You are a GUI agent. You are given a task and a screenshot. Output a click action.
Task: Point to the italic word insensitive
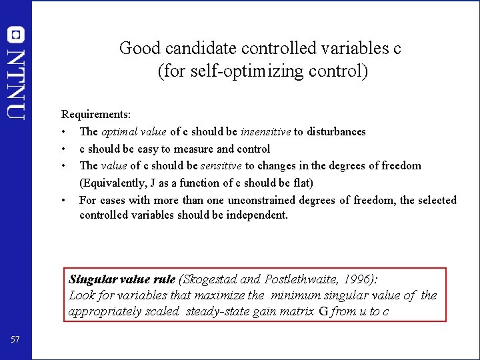[x=266, y=132]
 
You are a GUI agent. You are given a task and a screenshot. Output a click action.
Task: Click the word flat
[x=301, y=183]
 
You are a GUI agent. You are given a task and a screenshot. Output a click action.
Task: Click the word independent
[x=257, y=215]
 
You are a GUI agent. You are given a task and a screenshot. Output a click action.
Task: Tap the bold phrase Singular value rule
[x=122, y=279]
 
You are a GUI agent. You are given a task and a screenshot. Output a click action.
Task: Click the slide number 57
[x=16, y=341]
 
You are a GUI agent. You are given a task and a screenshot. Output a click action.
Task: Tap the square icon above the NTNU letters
[x=16, y=35]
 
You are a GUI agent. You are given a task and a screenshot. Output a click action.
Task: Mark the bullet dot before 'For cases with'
[x=63, y=200]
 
